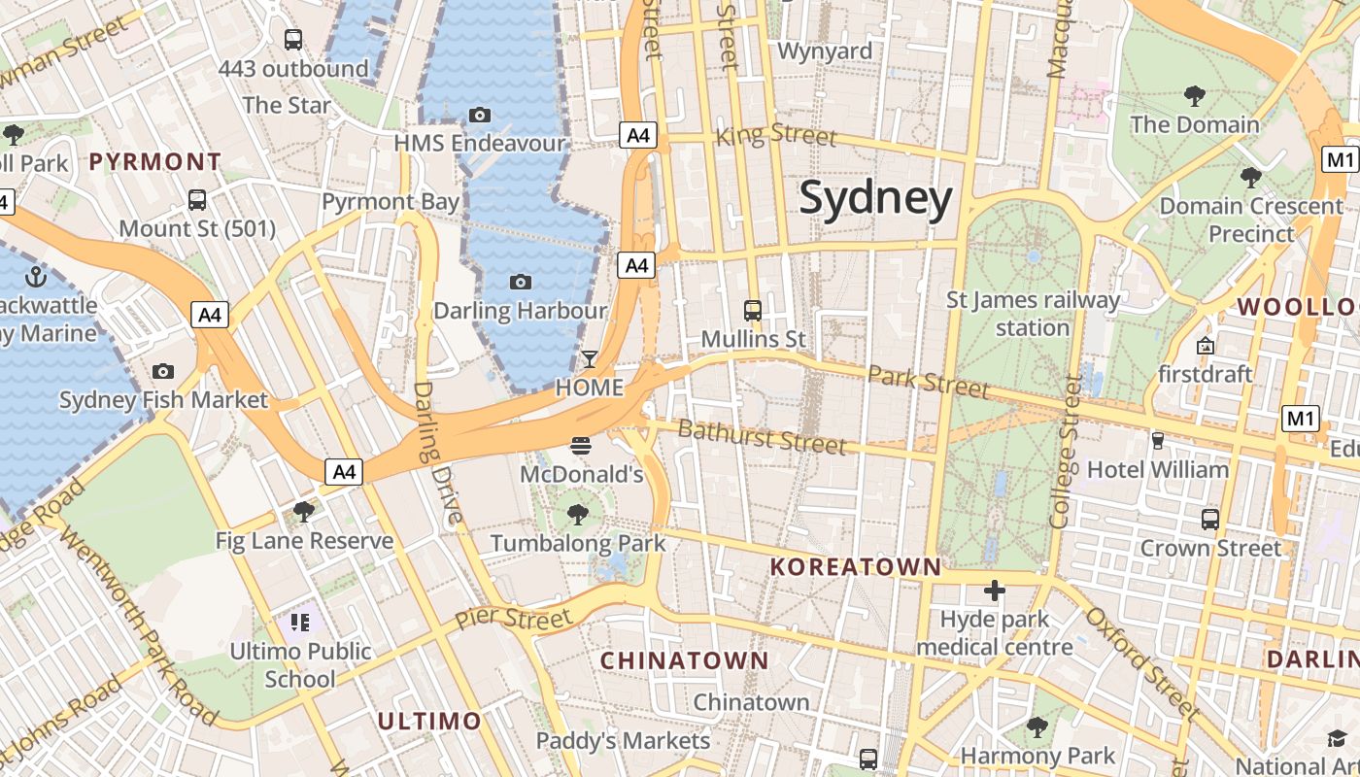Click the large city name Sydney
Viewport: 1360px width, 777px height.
(x=875, y=199)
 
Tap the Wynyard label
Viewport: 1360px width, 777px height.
(x=825, y=51)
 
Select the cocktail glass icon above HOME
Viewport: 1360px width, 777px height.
(x=589, y=359)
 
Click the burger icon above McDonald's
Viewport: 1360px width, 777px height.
(x=581, y=446)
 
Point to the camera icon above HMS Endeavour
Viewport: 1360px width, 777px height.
(x=479, y=115)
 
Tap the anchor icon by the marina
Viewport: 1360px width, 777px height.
(x=36, y=277)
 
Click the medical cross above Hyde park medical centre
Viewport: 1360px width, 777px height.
(x=994, y=591)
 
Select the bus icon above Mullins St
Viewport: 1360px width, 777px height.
(x=753, y=311)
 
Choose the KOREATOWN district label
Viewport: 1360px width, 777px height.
(x=856, y=567)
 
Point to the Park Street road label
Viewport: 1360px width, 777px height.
(x=929, y=382)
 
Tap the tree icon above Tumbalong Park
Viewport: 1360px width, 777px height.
(x=578, y=514)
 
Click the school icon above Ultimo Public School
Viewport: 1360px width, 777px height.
(x=299, y=622)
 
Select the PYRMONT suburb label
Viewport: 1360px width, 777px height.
(x=155, y=162)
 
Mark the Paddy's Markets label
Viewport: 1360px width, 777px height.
(x=623, y=741)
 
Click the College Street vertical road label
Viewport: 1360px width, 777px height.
(x=1066, y=452)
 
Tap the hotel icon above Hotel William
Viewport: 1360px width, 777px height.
(x=1157, y=440)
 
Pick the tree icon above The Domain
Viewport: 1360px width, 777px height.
(x=1194, y=95)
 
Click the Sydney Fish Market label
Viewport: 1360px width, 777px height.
(x=163, y=400)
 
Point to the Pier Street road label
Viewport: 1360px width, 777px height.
(x=513, y=618)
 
